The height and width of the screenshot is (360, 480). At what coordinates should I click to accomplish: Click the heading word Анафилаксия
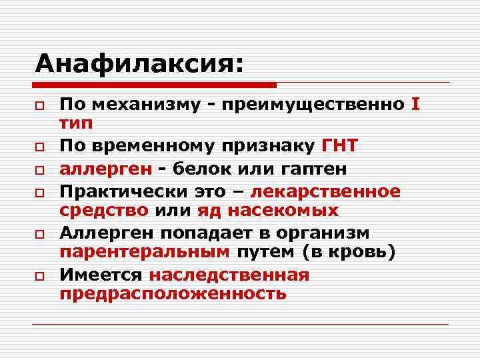137,64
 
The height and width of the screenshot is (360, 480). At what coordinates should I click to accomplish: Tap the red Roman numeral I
416,105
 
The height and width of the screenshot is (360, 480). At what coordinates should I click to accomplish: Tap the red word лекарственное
325,192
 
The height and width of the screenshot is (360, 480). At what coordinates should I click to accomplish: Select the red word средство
104,211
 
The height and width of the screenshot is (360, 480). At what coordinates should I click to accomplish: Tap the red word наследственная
229,275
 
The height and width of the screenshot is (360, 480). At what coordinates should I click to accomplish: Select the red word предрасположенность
173,293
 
